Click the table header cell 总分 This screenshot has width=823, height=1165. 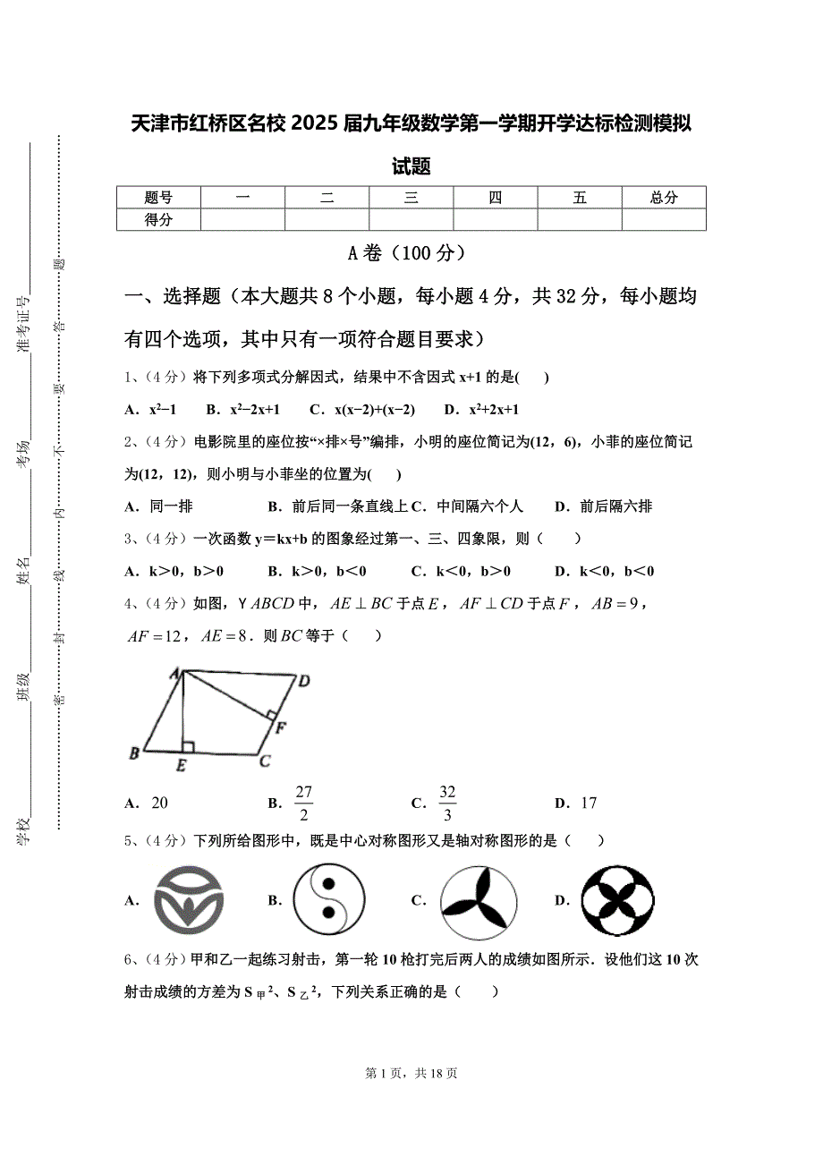pos(664,198)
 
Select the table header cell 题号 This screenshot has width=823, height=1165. pos(158,198)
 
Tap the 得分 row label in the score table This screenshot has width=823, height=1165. pos(158,220)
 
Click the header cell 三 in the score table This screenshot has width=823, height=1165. pos(411,198)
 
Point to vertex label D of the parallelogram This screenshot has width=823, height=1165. pos(304,682)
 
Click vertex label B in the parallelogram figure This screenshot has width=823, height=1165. pos(134,753)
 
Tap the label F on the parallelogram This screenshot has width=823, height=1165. pos(280,727)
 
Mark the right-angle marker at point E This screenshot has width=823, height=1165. pos(188,745)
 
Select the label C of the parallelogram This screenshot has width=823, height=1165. pos(265,762)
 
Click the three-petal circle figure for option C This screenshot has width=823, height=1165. pos(479,899)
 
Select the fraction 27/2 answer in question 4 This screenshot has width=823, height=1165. pos(303,803)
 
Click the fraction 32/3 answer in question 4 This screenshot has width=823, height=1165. pos(447,803)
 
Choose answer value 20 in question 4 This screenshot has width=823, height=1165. pos(159,803)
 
